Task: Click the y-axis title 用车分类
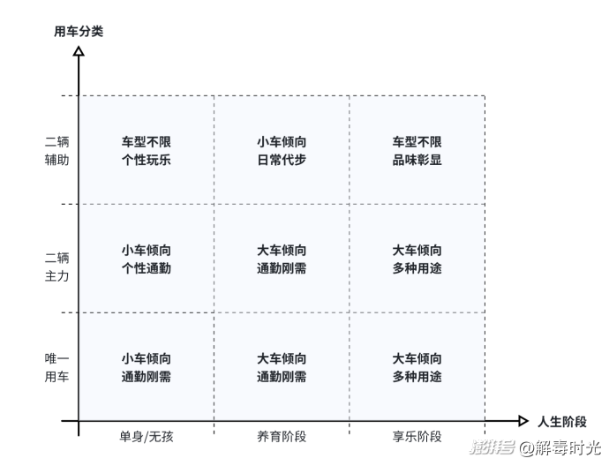point(79,31)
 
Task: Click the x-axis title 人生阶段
point(562,421)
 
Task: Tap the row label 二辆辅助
point(56,151)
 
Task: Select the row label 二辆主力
point(56,267)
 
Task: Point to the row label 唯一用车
point(56,367)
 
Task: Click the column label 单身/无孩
point(146,437)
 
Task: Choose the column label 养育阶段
point(282,437)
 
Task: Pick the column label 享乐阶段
point(417,437)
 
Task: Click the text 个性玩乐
point(146,160)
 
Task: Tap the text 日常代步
point(282,160)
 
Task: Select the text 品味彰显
point(417,160)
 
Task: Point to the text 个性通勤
point(146,268)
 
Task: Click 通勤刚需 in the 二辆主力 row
point(282,268)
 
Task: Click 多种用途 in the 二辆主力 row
point(417,268)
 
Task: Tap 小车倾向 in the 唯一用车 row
point(146,358)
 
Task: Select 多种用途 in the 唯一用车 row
point(417,376)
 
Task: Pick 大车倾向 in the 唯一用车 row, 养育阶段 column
point(282,358)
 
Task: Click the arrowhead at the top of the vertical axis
point(79,51)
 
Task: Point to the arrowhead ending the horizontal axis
point(523,421)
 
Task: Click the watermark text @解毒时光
point(560,447)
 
